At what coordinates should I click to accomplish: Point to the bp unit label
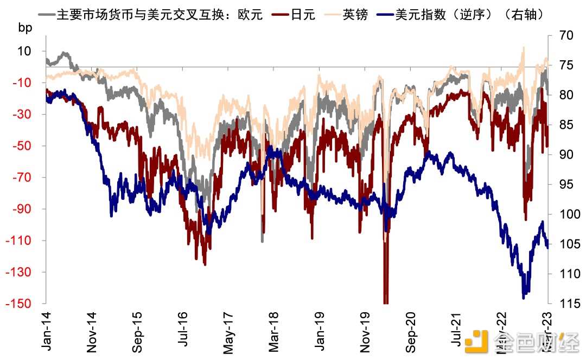[x=25, y=28]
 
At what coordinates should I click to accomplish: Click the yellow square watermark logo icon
[x=480, y=341]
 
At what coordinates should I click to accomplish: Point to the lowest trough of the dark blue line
[x=524, y=298]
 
